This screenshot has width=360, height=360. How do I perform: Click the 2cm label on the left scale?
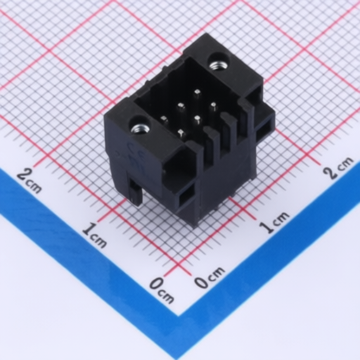click(30, 181)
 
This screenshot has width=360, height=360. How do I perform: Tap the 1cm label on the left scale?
click(95, 236)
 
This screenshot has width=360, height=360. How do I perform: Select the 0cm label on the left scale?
click(162, 290)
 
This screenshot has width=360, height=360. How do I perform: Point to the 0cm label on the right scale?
click(210, 277)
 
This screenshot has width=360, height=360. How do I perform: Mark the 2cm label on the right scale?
click(338, 167)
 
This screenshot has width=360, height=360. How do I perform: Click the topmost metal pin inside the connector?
click(198, 93)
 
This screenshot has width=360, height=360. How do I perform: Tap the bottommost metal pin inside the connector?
click(181, 134)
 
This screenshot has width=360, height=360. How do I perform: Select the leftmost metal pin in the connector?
click(165, 120)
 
